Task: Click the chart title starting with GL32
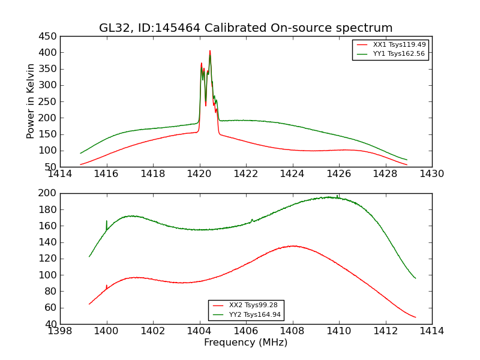tap(246, 28)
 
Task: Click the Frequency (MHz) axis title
tap(246, 343)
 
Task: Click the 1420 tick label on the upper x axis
tap(199, 174)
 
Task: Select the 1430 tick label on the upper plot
tap(431, 174)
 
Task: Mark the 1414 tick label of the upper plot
tap(60, 174)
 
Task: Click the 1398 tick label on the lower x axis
tap(60, 331)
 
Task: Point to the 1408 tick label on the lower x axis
tap(292, 331)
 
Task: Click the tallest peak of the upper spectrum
tap(210, 51)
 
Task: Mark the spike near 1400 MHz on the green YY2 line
tap(107, 221)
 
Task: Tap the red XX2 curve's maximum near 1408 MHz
tap(293, 246)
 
